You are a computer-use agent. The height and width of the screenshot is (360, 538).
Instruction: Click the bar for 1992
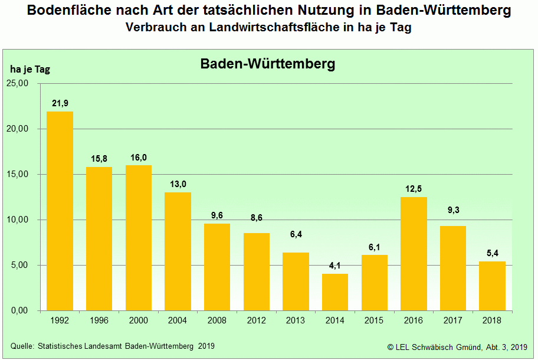coord(60,211)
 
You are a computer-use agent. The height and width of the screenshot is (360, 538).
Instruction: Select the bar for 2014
coord(335,292)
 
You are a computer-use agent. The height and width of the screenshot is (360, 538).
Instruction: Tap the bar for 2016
coord(414,254)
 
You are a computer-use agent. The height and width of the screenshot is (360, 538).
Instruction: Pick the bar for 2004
coord(178,251)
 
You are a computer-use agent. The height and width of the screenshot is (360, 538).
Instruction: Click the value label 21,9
coord(60,103)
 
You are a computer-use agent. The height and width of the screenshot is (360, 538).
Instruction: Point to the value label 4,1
coord(335,266)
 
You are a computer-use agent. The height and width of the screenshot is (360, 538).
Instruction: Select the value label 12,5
coord(414,189)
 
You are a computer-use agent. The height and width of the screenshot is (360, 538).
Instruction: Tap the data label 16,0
coord(138,158)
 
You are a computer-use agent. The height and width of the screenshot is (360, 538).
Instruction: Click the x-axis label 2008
coord(216,320)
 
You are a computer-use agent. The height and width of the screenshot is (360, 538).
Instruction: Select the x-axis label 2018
coord(492,320)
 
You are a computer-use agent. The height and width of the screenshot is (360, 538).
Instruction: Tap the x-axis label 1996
coord(99,320)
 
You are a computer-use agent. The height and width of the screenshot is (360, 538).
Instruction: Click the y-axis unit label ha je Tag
coord(30,69)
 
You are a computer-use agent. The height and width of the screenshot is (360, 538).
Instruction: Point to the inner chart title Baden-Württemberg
coord(268,64)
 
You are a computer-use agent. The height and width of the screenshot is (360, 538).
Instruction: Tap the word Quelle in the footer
coord(22,345)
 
